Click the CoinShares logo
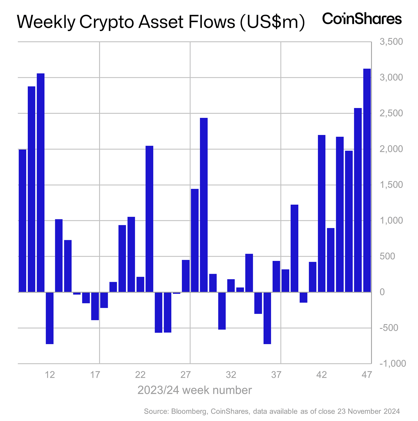click(x=362, y=19)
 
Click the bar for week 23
click(x=149, y=219)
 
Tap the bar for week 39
click(x=294, y=248)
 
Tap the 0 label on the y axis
click(x=382, y=292)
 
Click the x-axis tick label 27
click(x=185, y=374)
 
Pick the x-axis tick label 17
click(x=95, y=374)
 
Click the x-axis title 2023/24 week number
click(x=194, y=390)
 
